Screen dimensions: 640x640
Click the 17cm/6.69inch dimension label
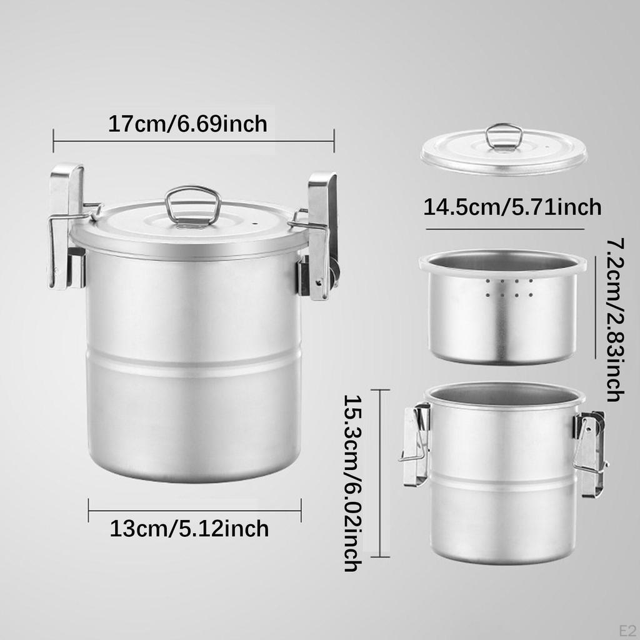pyautogui.click(x=187, y=124)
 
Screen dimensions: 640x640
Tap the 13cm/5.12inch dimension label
pyautogui.click(x=189, y=529)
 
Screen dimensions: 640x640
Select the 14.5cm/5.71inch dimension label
pyautogui.click(x=512, y=207)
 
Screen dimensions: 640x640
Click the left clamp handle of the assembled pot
pyautogui.click(x=67, y=226)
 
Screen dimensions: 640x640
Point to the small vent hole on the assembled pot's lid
pyautogui.click(x=256, y=224)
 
